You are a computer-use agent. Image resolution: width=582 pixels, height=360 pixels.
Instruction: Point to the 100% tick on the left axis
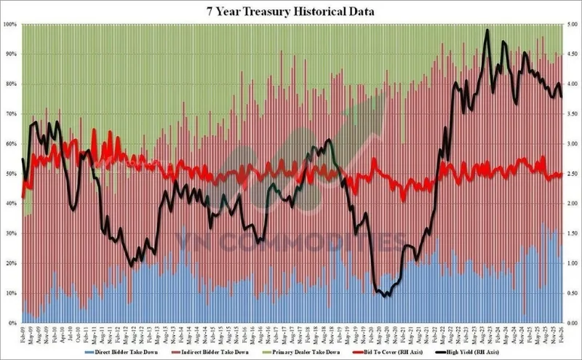tap(11, 25)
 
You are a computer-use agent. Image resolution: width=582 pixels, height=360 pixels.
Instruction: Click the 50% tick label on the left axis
tap(11, 174)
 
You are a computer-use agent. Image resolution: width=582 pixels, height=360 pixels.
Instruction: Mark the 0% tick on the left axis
tap(12, 322)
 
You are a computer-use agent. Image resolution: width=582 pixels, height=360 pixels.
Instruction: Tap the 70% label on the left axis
tap(11, 114)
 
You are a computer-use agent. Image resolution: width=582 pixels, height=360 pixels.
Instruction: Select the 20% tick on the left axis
tap(11, 263)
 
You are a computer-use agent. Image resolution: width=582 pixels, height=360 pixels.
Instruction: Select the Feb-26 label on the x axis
tap(560, 333)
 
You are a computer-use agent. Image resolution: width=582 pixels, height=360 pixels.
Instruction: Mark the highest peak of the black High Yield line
tap(487, 31)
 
